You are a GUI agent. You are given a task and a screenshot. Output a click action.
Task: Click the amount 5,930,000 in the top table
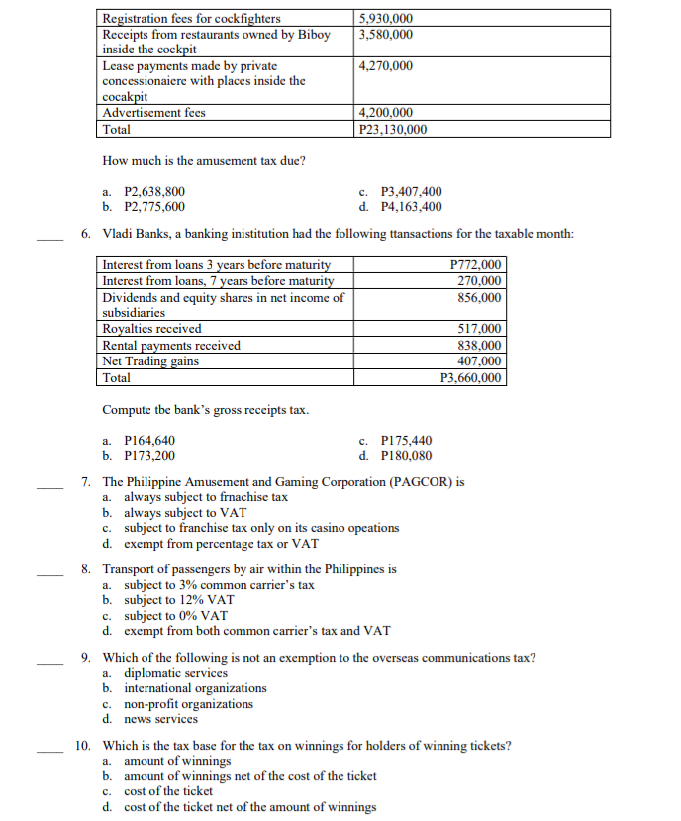point(386,18)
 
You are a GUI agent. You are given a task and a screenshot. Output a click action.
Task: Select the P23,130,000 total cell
point(393,129)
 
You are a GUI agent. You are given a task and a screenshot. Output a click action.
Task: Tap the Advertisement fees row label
point(153,113)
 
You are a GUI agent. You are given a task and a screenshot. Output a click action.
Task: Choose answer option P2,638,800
point(153,192)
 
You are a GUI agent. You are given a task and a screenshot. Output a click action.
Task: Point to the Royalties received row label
point(151,329)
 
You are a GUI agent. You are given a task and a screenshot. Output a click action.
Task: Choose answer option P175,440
point(406,441)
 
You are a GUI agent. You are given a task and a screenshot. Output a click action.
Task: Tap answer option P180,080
point(406,456)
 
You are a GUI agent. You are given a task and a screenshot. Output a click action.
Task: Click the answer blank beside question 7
point(49,485)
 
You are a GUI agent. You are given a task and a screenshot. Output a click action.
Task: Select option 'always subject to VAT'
point(184,513)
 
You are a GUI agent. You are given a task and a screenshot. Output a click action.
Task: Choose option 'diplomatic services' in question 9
point(174,673)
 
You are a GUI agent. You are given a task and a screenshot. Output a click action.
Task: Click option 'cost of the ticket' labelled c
point(167,791)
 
